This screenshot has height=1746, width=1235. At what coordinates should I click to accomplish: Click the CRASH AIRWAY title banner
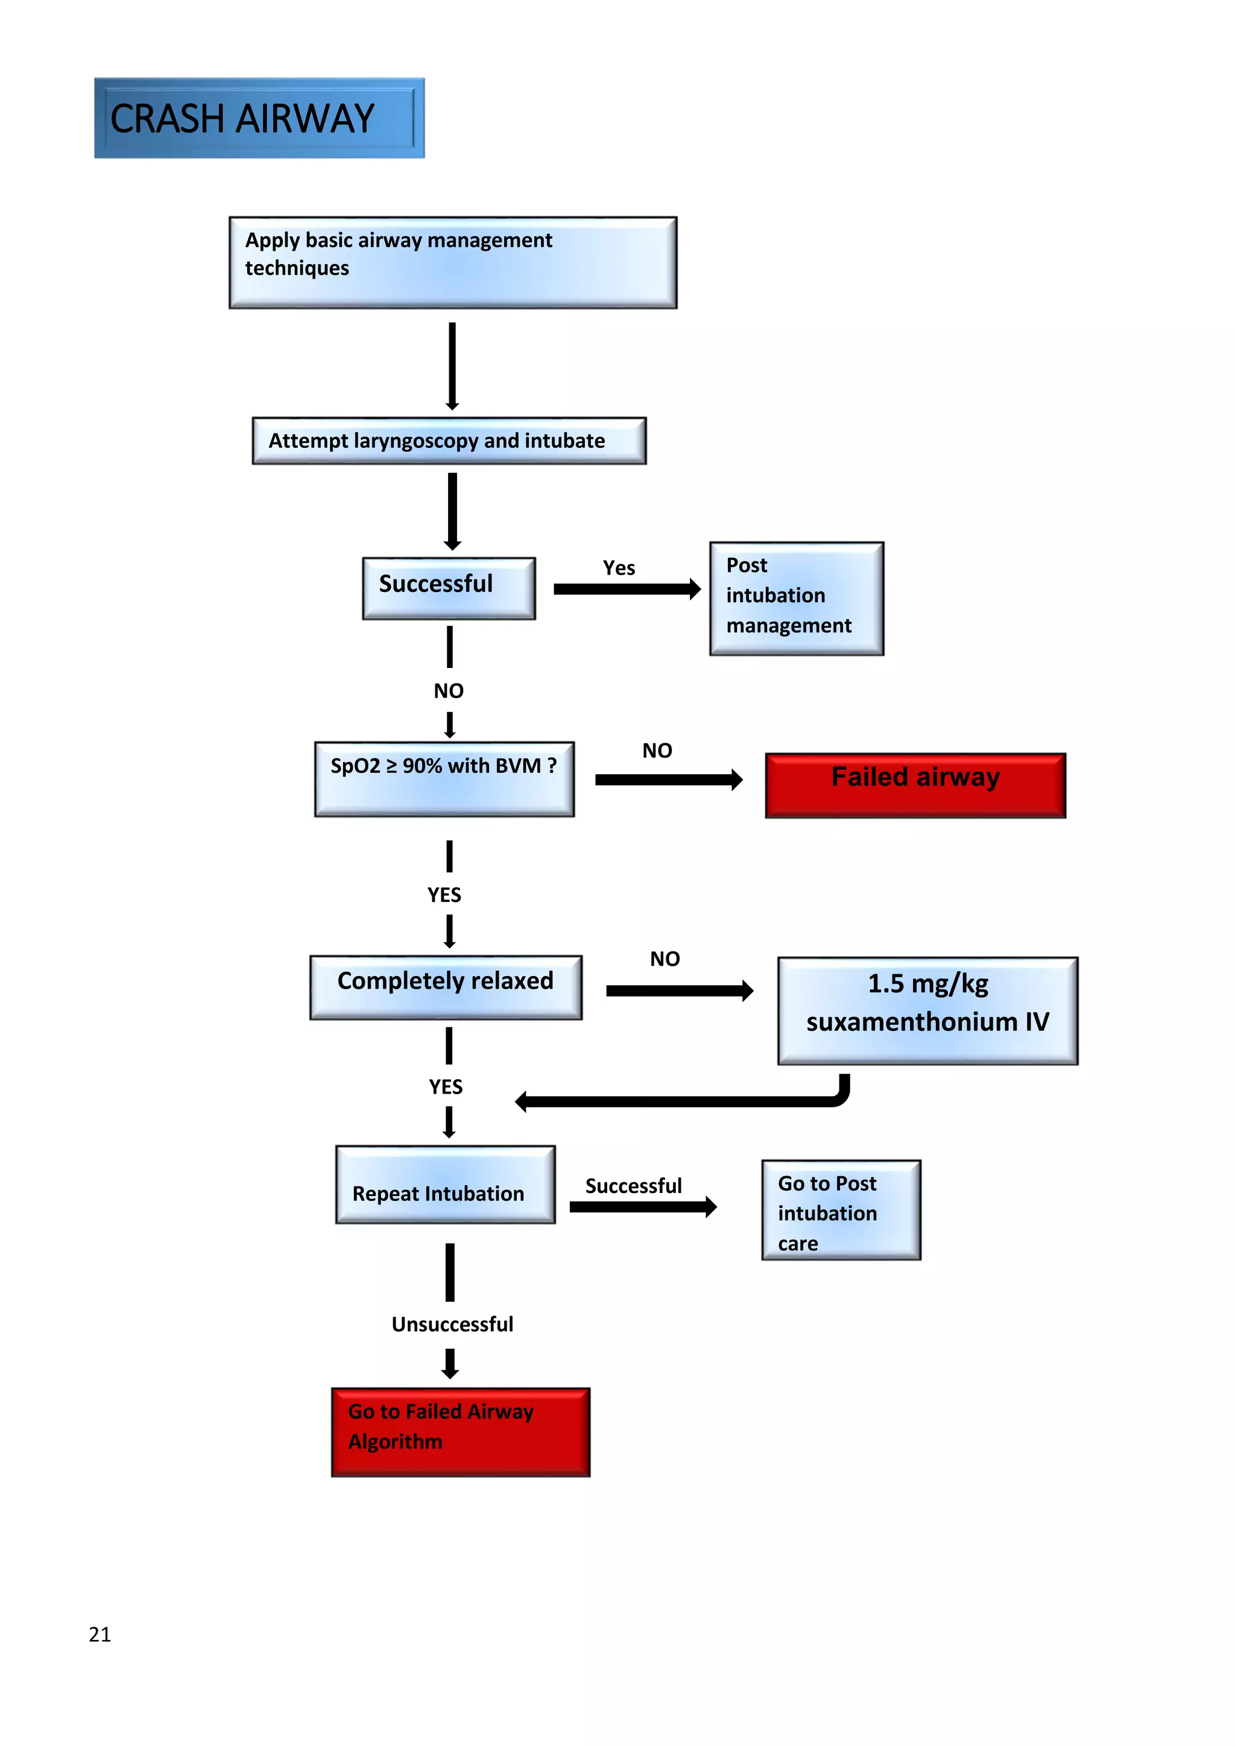coord(259,118)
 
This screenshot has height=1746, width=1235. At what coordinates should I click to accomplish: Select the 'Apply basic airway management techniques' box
coord(452,262)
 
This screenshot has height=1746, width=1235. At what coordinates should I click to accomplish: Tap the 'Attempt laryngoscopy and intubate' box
coord(449,441)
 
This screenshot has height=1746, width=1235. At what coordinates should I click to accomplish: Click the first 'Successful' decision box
coord(449,588)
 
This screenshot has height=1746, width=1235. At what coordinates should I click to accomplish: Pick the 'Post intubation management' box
coord(796,599)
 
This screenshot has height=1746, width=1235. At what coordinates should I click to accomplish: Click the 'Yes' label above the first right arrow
coord(619,568)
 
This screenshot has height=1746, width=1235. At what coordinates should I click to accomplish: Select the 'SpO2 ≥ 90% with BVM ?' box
coord(444,779)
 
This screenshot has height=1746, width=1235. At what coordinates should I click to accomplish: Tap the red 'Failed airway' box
coord(915,785)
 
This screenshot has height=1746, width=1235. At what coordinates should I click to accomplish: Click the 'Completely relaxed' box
coord(446,987)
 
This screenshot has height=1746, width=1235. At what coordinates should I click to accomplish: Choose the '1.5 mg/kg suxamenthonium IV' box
coord(927,1010)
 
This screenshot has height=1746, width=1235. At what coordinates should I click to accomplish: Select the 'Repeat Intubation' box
coord(445,1185)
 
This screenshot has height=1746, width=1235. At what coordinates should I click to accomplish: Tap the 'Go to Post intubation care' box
coord(841,1210)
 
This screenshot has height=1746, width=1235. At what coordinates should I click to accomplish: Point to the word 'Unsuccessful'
coord(452,1324)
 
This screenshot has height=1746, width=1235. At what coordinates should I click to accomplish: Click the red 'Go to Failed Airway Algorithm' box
coord(460,1432)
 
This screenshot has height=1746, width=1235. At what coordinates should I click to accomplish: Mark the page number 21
coord(99,1634)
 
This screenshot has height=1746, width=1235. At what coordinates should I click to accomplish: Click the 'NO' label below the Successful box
coord(449,690)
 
